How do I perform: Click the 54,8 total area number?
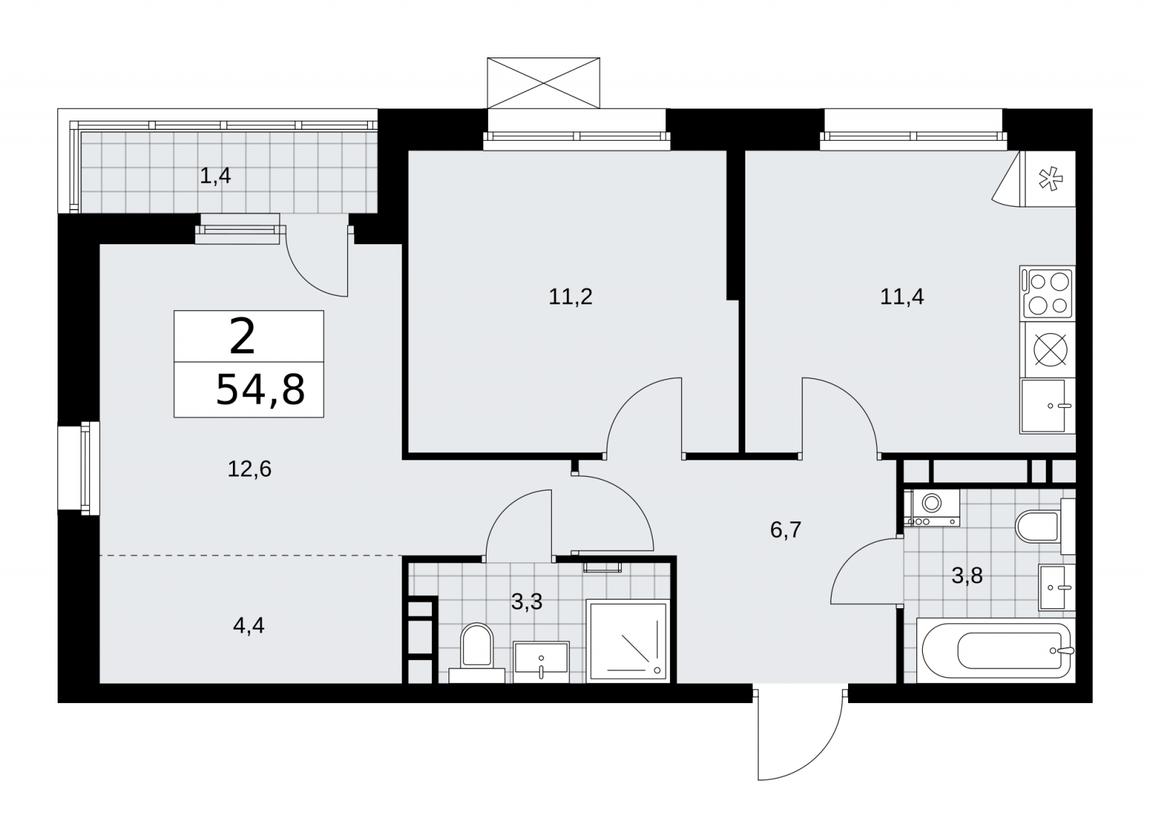click(260, 391)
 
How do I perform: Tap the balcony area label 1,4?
click(215, 177)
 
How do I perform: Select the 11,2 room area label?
click(571, 297)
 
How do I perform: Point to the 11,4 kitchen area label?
click(902, 297)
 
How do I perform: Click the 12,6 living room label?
click(249, 469)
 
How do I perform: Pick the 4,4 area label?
click(249, 625)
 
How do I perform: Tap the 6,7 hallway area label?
click(786, 530)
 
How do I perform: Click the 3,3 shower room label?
click(527, 602)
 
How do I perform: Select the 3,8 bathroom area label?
click(967, 576)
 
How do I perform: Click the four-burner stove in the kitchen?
click(1047, 294)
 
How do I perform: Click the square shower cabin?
click(628, 641)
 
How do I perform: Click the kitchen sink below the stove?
click(1047, 406)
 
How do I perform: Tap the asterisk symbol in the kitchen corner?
click(1050, 180)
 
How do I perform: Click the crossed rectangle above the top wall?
click(543, 83)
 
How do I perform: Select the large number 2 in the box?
click(242, 336)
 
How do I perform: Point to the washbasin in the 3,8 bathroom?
click(1057, 587)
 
